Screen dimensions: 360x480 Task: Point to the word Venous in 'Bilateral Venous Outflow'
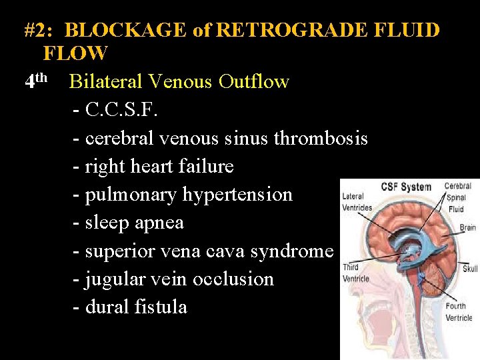coord(181,82)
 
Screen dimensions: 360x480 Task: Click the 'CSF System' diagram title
coord(407,187)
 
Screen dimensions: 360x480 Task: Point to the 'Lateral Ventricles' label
coord(357,201)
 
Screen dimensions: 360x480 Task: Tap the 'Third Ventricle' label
coord(355,272)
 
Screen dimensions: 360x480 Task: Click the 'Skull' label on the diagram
coord(470,269)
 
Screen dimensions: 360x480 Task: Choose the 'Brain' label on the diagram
coord(467,227)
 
